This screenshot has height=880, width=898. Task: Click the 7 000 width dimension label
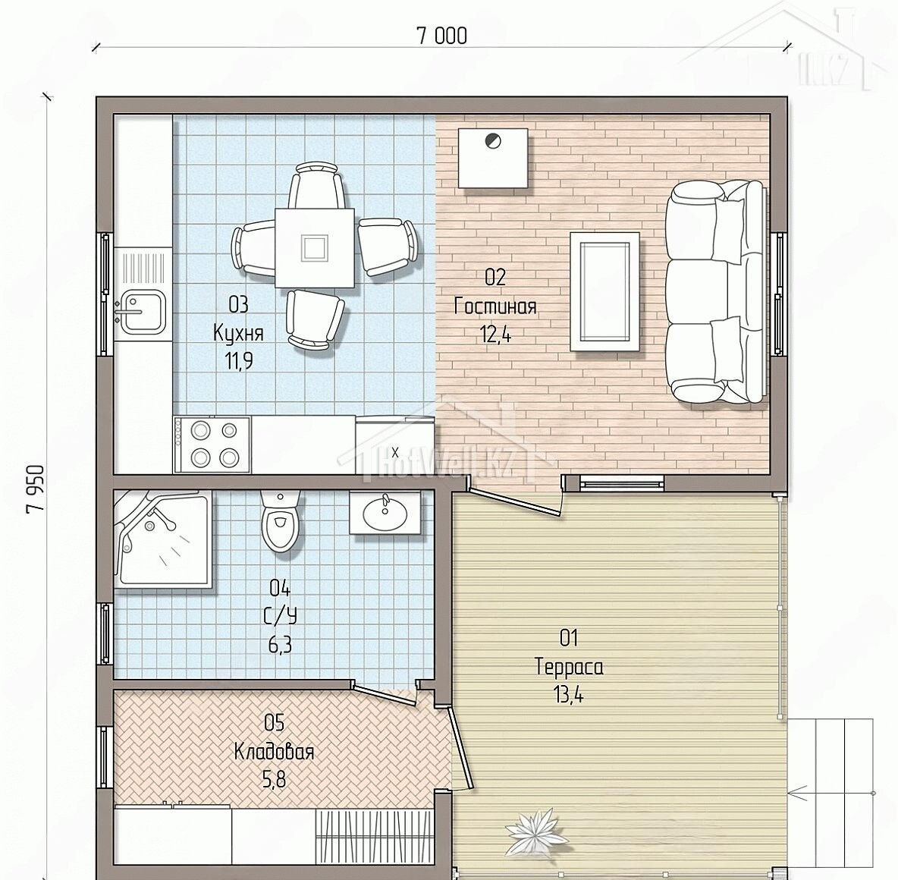pos(441,36)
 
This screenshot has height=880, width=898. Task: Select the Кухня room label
pos(238,332)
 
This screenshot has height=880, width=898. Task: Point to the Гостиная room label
pos(495,306)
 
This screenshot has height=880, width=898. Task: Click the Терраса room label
pos(569,667)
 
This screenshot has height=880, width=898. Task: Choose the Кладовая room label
pos(275,751)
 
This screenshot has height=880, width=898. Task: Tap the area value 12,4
pos(496,334)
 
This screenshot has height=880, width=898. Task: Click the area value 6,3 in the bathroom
pos(280,646)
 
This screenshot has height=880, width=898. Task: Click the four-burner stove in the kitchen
pos(212,445)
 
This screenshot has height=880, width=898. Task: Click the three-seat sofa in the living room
pos(717,292)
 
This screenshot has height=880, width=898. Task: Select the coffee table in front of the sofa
pos(604,291)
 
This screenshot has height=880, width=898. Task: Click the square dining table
pos(315,247)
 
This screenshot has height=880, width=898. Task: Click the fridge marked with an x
pos(394,446)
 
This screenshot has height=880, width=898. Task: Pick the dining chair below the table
pos(315,319)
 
